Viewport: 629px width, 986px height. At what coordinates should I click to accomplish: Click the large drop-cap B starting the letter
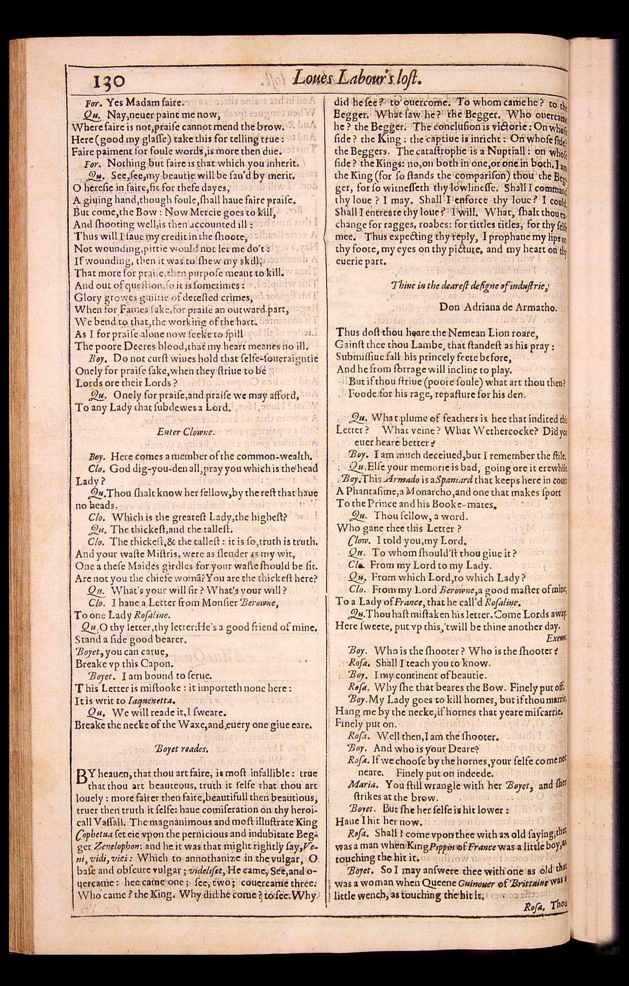coord(82,777)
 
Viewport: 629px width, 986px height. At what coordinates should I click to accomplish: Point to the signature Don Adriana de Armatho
coord(498,307)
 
